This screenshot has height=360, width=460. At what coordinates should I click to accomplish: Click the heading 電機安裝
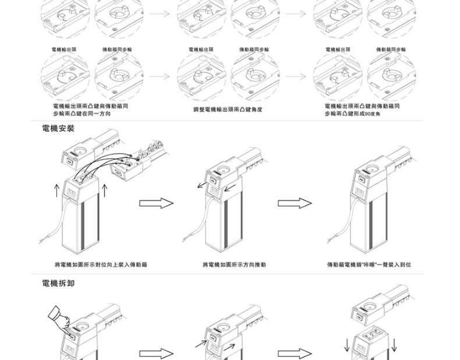coord(58,128)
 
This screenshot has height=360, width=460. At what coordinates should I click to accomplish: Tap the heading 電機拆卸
coord(58,283)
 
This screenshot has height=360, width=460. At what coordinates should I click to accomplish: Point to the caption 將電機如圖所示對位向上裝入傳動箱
coord(101,264)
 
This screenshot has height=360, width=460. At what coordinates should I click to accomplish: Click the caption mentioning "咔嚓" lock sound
coord(369,264)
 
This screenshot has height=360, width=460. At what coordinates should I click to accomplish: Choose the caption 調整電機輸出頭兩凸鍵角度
coord(228,110)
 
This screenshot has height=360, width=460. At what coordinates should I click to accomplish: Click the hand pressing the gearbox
coord(59,317)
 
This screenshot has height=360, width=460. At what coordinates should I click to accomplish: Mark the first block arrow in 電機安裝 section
coord(156,203)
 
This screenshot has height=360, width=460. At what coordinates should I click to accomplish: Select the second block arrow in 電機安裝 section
coord(295,203)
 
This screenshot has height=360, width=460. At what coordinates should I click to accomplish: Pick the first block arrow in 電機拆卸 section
coord(156,354)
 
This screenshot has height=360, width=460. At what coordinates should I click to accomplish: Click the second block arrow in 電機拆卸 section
coord(295,354)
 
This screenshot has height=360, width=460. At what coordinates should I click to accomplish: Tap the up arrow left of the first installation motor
coord(56,190)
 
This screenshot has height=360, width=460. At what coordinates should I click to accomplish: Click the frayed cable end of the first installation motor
coord(42,241)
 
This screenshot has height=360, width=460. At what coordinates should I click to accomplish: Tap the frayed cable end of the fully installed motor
coord(330,241)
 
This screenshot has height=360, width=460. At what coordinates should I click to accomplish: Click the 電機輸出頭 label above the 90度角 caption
coord(338,50)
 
